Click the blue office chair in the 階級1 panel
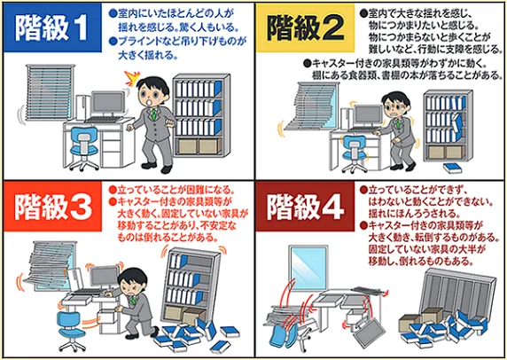[85, 142]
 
